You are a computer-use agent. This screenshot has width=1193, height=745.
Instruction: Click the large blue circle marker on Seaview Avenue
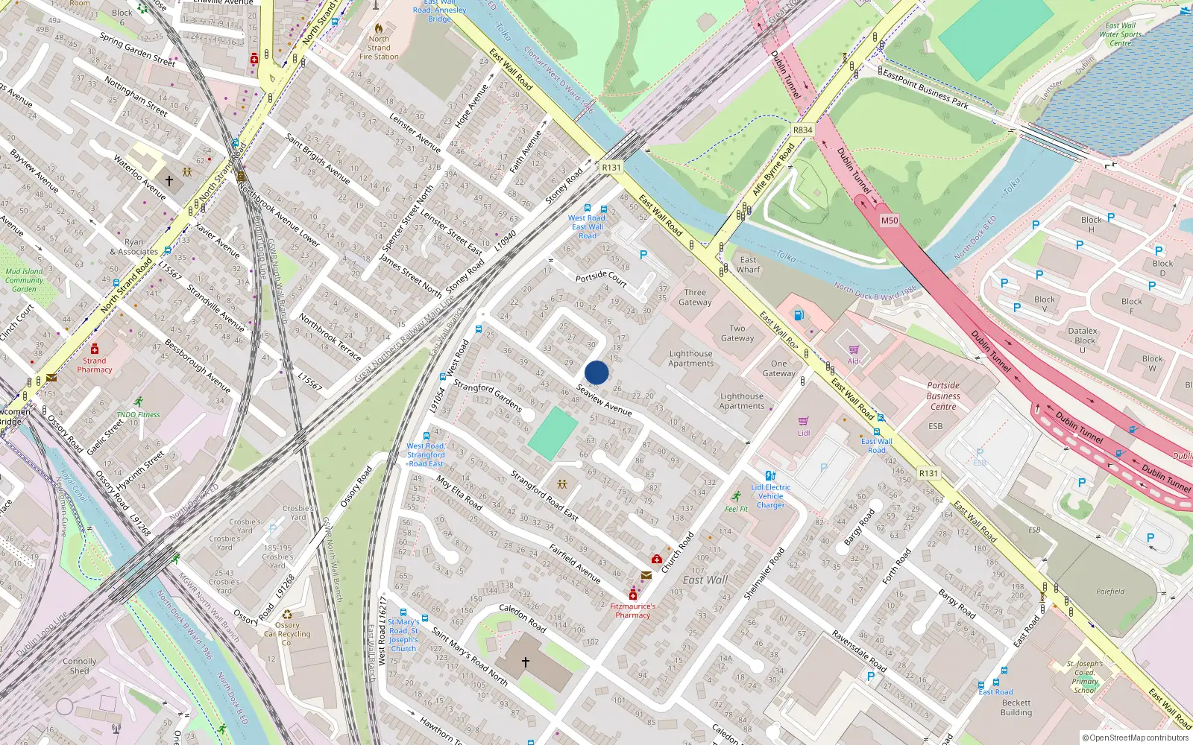(596, 372)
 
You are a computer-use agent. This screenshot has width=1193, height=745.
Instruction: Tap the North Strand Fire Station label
(379, 48)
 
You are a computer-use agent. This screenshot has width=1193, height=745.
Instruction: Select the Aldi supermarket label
(854, 361)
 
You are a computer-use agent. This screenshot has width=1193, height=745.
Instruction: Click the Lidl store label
(804, 433)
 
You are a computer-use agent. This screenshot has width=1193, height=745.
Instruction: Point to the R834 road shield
(802, 130)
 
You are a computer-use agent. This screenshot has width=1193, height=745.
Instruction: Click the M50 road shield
(890, 221)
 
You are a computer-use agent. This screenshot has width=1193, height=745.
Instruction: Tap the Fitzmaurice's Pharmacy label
(633, 610)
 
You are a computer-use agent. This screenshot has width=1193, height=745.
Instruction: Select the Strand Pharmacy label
(95, 365)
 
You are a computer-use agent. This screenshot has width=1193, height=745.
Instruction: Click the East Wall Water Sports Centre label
(1120, 34)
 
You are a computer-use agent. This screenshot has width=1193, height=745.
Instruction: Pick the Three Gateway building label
(695, 297)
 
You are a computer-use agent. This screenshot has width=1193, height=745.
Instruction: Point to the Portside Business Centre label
(943, 396)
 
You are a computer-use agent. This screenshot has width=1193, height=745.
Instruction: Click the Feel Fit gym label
(737, 509)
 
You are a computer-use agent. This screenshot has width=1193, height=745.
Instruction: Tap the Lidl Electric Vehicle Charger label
(771, 496)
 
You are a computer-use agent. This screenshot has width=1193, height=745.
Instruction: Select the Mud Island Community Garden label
(24, 280)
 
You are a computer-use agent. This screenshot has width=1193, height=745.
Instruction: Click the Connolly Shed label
(80, 665)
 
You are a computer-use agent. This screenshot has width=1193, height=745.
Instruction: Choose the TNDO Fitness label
(138, 414)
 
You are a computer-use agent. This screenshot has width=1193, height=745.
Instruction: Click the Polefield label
(1110, 592)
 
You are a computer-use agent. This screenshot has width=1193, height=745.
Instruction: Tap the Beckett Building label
(1016, 708)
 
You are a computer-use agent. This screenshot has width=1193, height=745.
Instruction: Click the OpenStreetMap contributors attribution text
(1136, 738)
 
